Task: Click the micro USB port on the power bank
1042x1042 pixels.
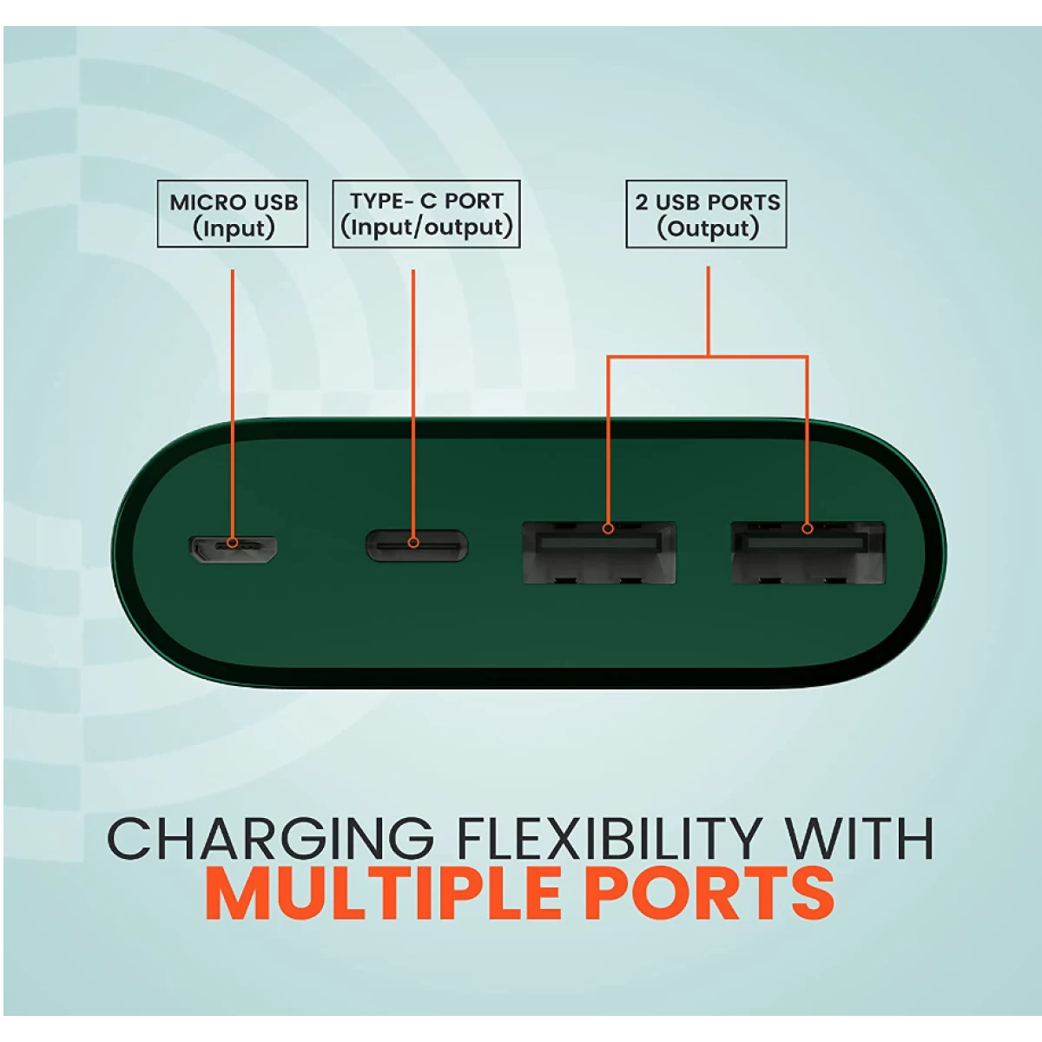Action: click(233, 548)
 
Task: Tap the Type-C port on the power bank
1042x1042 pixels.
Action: click(417, 545)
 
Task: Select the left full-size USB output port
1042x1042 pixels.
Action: click(599, 552)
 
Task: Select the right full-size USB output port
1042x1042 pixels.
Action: click(808, 552)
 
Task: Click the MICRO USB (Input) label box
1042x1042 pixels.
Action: click(233, 214)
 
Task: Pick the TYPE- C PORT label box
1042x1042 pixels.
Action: click(426, 214)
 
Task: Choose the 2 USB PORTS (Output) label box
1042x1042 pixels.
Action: click(706, 214)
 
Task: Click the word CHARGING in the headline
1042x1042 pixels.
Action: click(270, 839)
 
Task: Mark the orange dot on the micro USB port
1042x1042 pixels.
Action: click(233, 543)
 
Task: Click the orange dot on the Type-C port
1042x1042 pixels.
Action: click(413, 543)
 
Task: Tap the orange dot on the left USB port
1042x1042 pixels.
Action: click(609, 528)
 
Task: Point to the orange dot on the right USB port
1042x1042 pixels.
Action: click(808, 528)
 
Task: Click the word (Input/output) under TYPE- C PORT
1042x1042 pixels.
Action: click(426, 228)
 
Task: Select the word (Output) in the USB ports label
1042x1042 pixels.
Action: click(708, 228)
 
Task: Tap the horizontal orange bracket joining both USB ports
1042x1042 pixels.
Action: click(708, 356)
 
